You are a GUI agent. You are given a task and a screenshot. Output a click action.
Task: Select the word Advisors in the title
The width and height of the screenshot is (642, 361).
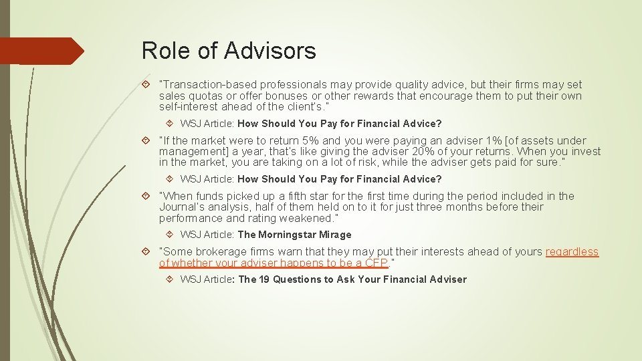click(270, 50)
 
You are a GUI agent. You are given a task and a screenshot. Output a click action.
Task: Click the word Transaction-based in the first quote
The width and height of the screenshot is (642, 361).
click(204, 84)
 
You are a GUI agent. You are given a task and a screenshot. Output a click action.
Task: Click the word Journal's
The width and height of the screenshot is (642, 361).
click(183, 207)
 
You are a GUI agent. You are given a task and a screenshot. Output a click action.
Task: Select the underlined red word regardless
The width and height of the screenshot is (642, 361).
click(572, 251)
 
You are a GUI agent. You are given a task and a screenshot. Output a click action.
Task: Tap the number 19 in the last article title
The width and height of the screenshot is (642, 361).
click(263, 279)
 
